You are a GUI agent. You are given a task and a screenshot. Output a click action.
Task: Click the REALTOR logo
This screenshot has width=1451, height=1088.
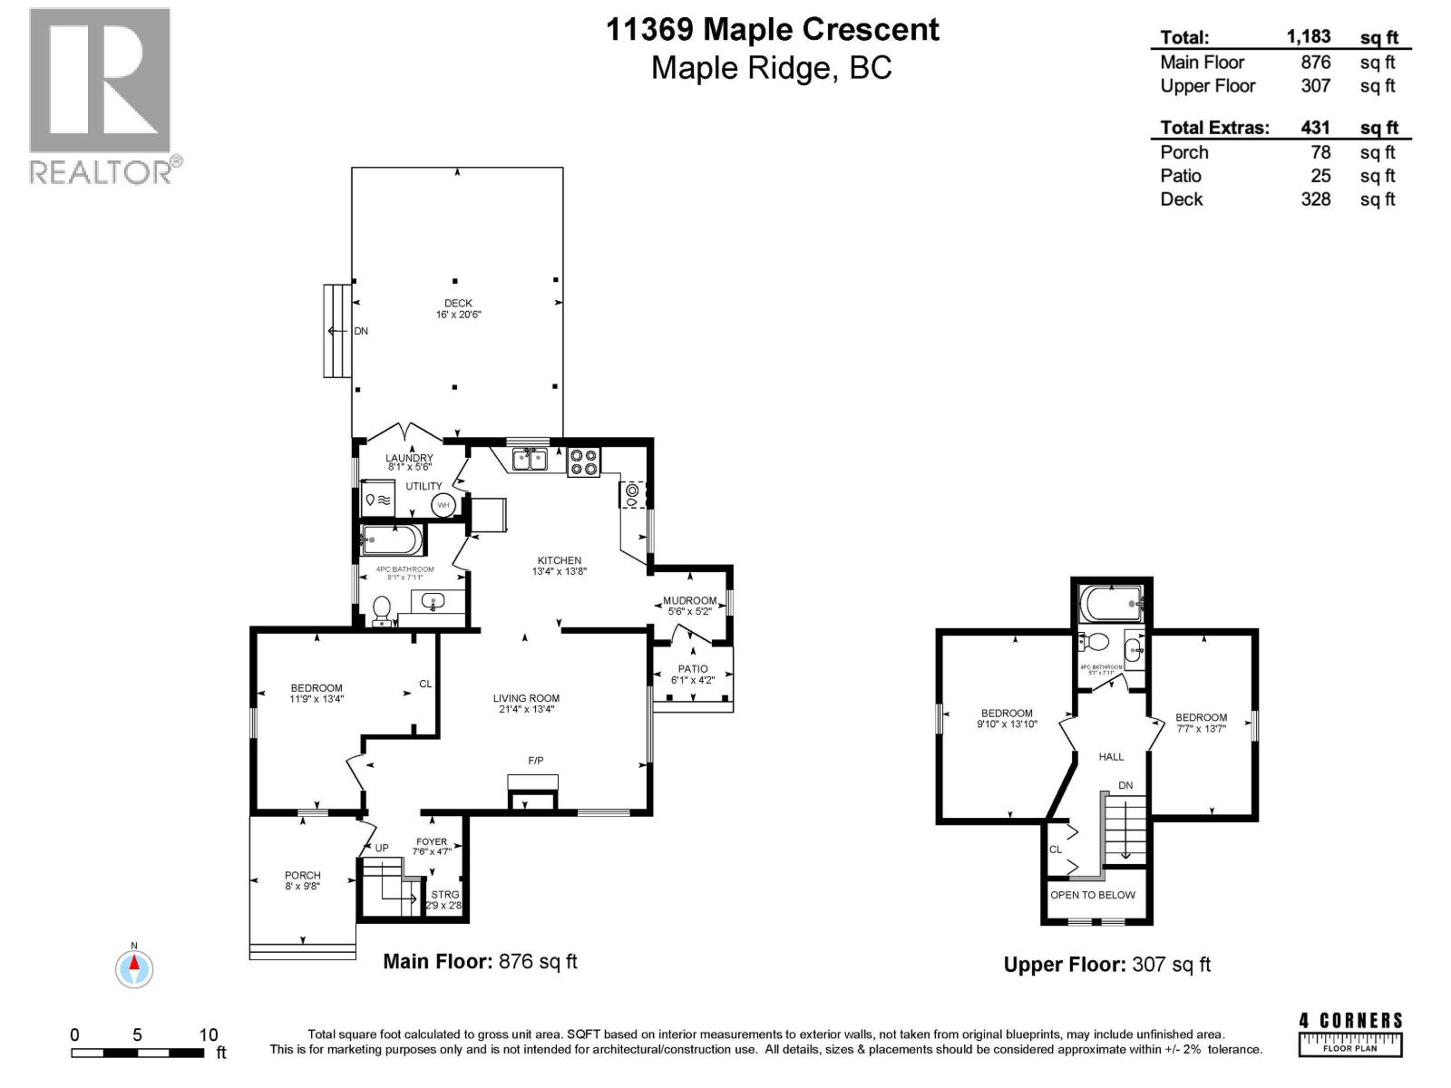tap(100, 95)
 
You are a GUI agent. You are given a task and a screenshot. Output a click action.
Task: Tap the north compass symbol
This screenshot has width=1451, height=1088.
tap(134, 968)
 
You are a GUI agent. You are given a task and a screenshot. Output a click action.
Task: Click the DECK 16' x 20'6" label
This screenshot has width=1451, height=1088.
tap(458, 309)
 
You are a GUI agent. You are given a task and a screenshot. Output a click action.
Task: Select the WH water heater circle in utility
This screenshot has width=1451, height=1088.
tap(443, 505)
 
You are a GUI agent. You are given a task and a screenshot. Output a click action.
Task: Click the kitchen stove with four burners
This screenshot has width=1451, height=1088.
tap(583, 462)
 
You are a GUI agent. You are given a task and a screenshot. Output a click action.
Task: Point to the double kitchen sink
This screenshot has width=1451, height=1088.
tap(530, 460)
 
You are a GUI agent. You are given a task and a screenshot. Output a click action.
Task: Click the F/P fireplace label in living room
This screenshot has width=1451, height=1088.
tap(536, 761)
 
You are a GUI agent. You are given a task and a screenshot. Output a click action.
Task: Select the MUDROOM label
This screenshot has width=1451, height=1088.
tap(689, 600)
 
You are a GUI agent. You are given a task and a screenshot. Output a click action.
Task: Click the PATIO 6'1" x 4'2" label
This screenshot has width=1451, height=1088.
tap(693, 675)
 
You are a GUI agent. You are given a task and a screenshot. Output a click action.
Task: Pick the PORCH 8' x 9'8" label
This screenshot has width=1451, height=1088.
tap(303, 880)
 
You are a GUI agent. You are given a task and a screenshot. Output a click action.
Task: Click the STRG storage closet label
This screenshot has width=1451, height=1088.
tap(445, 895)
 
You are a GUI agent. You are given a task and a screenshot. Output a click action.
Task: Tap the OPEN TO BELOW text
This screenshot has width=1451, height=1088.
tap(1093, 895)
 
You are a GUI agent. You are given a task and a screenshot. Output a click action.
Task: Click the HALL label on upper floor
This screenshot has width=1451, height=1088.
tap(1111, 756)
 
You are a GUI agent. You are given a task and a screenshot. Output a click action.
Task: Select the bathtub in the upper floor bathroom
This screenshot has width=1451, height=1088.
tap(1110, 602)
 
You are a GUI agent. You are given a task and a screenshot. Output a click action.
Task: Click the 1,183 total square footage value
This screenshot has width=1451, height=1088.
tap(1309, 36)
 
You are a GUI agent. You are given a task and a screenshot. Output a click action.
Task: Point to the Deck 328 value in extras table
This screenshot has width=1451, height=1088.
tap(1316, 199)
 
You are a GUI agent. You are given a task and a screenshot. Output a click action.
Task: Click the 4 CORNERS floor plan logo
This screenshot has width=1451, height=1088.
tap(1350, 1034)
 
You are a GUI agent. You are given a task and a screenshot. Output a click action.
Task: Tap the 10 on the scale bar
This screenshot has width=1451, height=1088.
tap(209, 1035)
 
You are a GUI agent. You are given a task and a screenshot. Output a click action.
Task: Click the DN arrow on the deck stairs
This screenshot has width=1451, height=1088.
tap(339, 331)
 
